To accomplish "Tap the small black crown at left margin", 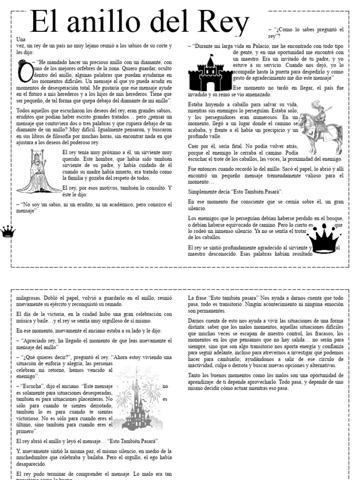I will pos(8,231).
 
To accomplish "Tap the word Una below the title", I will pos(21,39).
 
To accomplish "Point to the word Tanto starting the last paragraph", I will pos(195,375).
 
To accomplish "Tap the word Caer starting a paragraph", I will pos(195,146).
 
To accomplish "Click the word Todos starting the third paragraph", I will pos(25,110).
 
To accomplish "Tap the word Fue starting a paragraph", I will pos(193,168).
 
